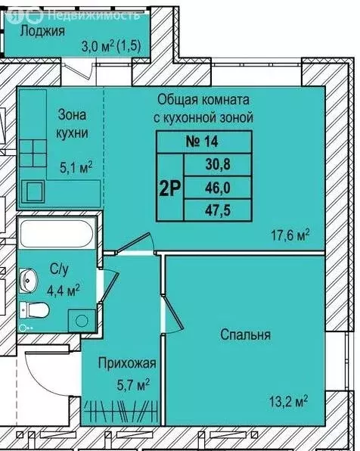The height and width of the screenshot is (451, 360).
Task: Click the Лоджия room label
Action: [42, 31]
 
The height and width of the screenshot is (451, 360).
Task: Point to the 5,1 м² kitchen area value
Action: [76, 165]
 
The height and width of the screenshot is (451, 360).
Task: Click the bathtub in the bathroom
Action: [57, 231]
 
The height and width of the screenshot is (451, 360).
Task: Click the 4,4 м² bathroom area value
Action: [64, 288]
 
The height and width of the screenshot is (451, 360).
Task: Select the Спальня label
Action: [246, 334]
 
